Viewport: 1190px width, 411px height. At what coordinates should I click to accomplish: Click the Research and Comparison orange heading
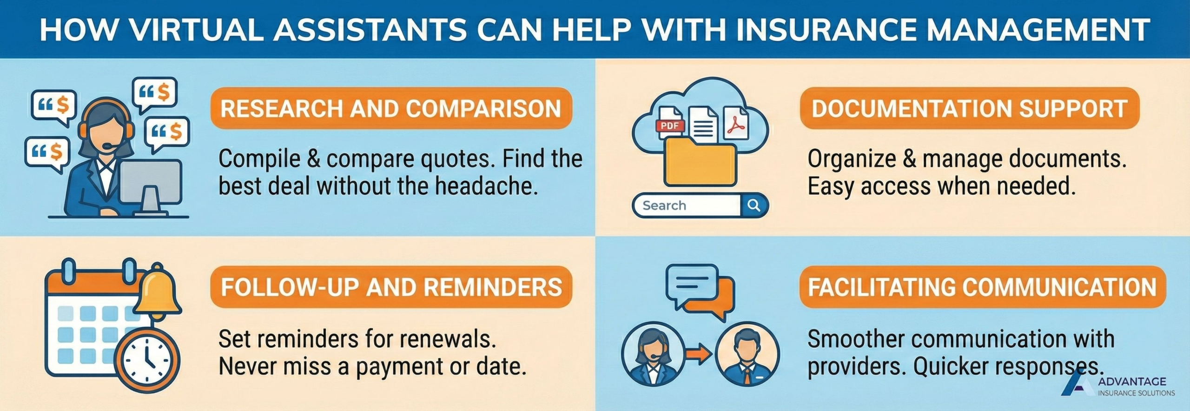[391, 108]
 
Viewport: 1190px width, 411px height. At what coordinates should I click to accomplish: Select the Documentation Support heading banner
[969, 108]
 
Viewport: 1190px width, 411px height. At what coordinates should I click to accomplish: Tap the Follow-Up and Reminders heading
[391, 287]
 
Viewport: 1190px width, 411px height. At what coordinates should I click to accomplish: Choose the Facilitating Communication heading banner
[982, 287]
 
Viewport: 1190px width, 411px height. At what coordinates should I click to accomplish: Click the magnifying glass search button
[754, 205]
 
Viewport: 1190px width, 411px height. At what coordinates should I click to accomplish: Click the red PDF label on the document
[670, 126]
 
